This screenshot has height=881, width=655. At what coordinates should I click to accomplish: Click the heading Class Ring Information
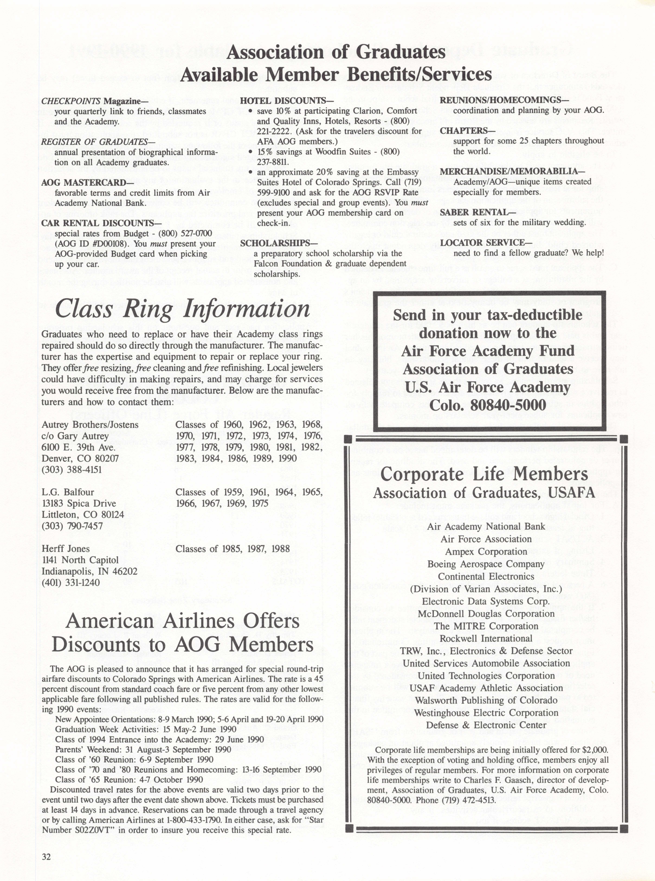(182, 309)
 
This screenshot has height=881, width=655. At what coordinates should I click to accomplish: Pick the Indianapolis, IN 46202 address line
(90, 571)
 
